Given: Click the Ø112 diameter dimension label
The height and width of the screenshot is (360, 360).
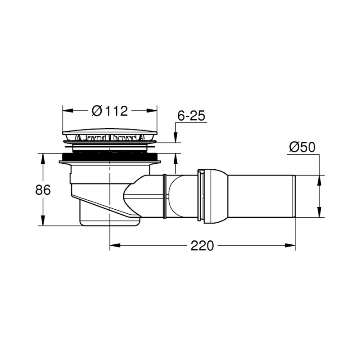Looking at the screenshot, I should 110,110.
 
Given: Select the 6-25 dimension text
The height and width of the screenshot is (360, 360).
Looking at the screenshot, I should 191,116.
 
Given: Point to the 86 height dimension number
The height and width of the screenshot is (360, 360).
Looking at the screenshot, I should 43,190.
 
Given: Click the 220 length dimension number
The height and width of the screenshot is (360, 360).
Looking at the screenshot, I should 202,246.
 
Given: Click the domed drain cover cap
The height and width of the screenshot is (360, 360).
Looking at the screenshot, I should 110,135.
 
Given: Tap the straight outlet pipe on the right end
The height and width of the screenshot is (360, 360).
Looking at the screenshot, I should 261,197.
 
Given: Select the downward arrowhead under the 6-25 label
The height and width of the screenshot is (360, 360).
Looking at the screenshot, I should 175,139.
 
